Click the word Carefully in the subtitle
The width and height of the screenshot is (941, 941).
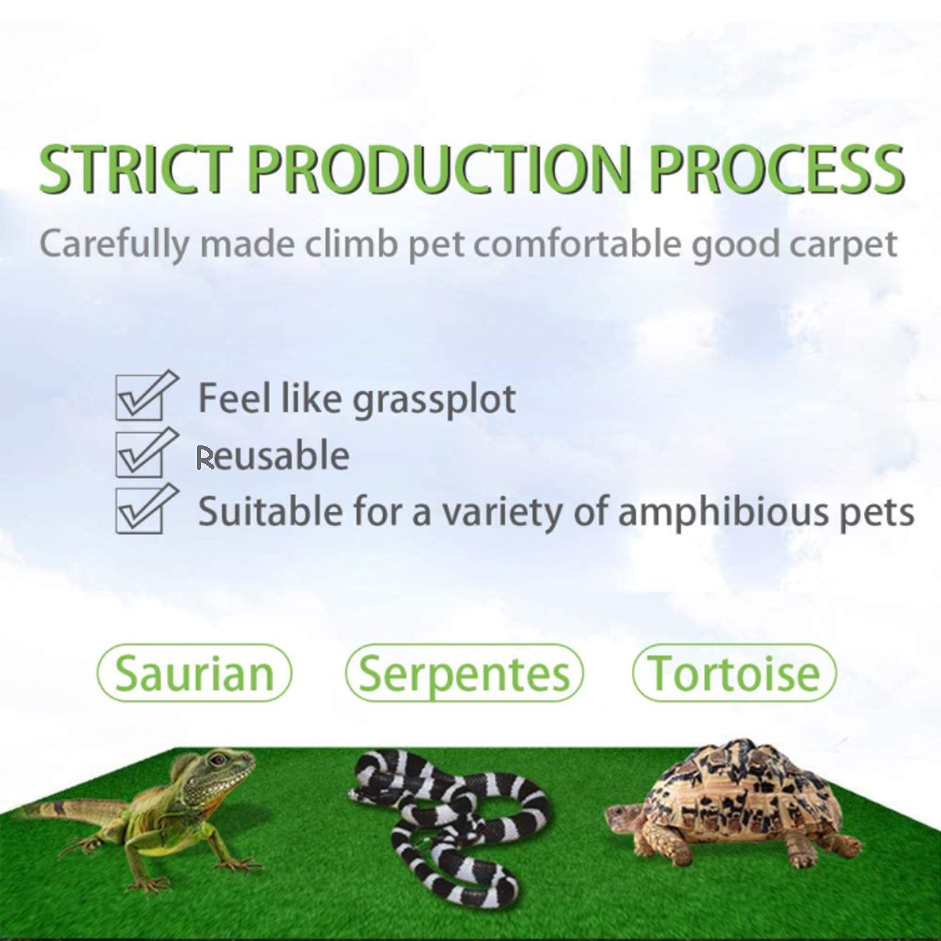click(x=114, y=244)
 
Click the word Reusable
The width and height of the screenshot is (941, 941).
click(x=272, y=456)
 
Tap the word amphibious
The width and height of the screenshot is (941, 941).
click(x=722, y=513)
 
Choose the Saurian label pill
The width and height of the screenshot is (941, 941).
click(x=194, y=673)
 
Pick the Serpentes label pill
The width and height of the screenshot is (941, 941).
click(x=464, y=673)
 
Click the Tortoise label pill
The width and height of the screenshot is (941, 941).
click(x=734, y=673)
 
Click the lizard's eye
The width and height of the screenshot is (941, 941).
click(x=218, y=760)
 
